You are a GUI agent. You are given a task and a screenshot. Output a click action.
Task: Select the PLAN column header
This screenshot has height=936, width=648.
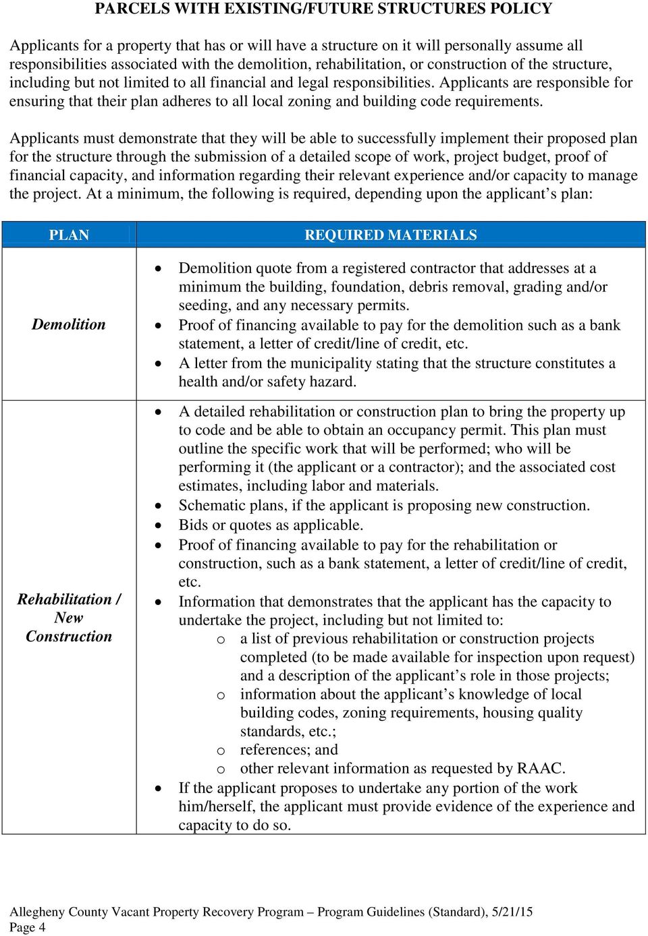click(x=69, y=235)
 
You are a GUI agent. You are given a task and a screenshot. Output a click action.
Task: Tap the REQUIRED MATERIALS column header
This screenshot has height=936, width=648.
click(x=390, y=235)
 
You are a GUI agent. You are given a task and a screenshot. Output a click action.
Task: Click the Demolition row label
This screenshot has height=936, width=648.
click(x=69, y=324)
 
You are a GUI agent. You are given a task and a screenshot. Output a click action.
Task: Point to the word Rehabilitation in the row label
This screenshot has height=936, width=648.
click(x=65, y=599)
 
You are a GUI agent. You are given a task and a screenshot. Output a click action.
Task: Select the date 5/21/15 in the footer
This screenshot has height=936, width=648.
click(x=512, y=912)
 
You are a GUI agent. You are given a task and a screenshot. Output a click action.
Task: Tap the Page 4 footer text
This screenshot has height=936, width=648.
click(x=28, y=927)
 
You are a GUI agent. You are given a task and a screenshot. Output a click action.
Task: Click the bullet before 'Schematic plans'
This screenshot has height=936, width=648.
click(x=158, y=506)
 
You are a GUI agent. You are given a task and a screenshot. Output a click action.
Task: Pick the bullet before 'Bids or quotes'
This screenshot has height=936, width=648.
click(x=158, y=525)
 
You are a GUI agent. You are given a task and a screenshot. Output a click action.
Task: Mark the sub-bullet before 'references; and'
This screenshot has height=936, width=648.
click(x=221, y=751)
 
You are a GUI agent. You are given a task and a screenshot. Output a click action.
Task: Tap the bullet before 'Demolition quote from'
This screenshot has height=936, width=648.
click(x=158, y=268)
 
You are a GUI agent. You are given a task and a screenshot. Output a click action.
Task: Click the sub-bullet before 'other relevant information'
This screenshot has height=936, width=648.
click(x=221, y=769)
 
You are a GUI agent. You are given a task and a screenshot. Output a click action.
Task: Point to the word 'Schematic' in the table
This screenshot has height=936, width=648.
click(x=211, y=506)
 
